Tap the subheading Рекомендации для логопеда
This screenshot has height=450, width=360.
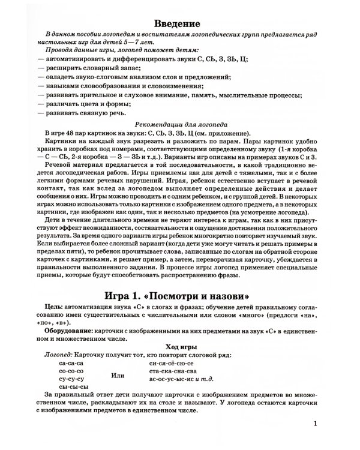pos(178,123)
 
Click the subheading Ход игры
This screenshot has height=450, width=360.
pos(178,346)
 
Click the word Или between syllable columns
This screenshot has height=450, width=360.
pos(119,376)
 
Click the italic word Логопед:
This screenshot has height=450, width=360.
pos(59,355)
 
